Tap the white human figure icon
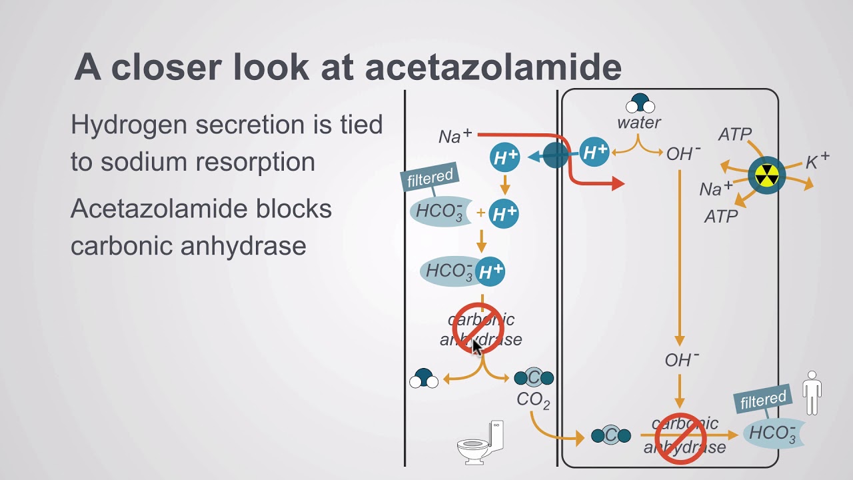[812, 393]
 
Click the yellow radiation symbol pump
[766, 176]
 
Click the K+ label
[817, 161]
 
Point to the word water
[638, 123]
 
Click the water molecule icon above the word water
[640, 103]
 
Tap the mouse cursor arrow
[477, 347]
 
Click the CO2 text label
[533, 401]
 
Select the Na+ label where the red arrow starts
[455, 136]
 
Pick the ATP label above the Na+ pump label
[735, 135]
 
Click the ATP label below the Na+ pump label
[721, 217]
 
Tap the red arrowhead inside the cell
[617, 183]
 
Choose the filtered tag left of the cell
[430, 178]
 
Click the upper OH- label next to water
[683, 154]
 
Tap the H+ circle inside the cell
[594, 153]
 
